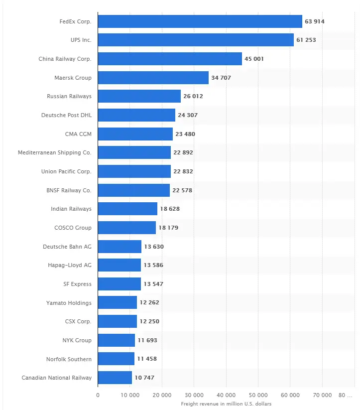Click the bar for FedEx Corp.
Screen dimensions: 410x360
pos(200,21)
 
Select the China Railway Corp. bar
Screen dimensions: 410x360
pos(170,59)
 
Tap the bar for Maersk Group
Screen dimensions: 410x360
pos(153,78)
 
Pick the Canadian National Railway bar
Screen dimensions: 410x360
pos(115,378)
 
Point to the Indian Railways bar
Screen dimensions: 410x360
pos(127,209)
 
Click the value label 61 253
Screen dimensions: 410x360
pos(306,40)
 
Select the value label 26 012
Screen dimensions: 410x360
pos(193,96)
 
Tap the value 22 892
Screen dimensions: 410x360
pos(183,152)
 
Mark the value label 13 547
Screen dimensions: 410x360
pos(153,284)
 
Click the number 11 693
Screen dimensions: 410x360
pos(147,340)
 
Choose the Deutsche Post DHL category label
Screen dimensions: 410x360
pos(66,115)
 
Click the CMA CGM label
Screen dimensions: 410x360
pos(78,134)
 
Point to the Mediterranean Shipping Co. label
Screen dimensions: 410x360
pos(54,152)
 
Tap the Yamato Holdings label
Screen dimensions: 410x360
pos(69,302)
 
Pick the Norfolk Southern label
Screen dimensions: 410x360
pos(69,359)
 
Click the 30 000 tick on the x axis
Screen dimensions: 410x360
pos(194,395)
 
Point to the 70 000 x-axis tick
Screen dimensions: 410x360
pos(322,395)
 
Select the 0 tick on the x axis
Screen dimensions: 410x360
pos(98,395)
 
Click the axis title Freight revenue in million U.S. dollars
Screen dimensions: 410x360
pos(226,404)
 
